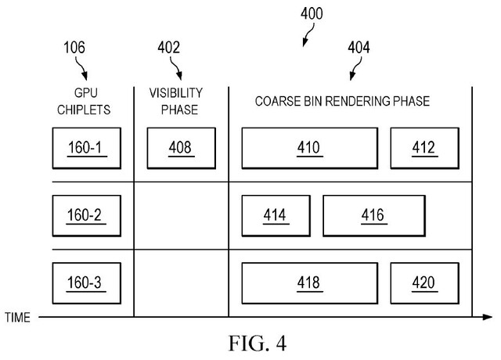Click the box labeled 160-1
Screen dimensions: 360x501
point(86,148)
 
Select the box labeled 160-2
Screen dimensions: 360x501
point(86,214)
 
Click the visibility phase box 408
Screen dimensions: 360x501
point(179,148)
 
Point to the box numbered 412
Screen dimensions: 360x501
point(424,148)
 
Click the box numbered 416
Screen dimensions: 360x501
point(373,214)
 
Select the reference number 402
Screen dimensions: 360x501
point(168,47)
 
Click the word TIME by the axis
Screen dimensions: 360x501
point(18,317)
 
